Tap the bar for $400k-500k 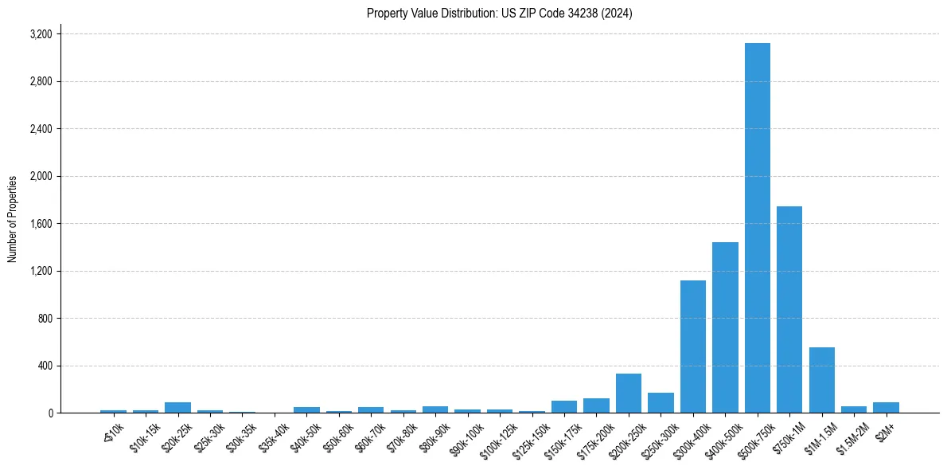point(725,327)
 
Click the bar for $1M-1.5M point(821,380)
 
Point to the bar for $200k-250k point(628,394)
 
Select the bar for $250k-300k point(661,403)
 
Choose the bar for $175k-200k point(596,405)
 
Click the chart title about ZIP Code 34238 point(500,14)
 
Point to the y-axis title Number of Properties point(13,219)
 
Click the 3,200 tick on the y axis point(41,34)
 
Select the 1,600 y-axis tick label point(41,224)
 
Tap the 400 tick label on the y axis point(45,366)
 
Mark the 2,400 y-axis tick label point(41,129)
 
